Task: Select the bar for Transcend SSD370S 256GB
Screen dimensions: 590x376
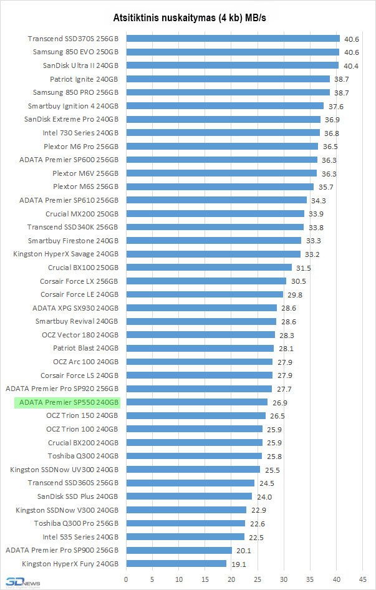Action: click(233, 39)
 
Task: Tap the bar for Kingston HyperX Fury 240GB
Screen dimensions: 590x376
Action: click(176, 563)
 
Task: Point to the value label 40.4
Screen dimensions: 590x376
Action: click(349, 65)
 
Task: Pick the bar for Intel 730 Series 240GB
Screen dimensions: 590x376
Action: click(223, 133)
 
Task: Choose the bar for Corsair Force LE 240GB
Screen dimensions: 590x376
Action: click(205, 294)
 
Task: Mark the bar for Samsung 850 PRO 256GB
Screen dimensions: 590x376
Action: click(228, 92)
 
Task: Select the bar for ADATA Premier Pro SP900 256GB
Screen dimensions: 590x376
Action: click(179, 550)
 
